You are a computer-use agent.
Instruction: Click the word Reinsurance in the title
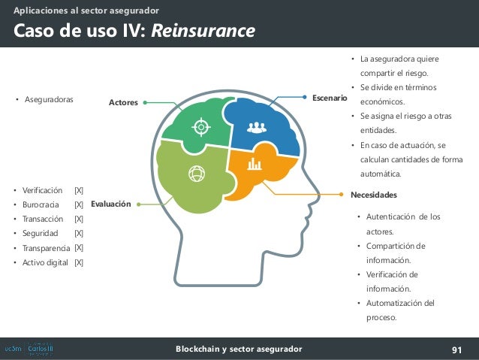click(203, 31)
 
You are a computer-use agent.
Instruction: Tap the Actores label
click(124, 102)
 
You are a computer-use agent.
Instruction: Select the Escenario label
click(330, 98)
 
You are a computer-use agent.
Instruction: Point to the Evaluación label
click(111, 204)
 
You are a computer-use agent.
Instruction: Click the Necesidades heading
click(374, 194)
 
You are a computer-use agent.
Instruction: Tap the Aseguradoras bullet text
click(49, 99)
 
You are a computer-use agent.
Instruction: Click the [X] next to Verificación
click(79, 190)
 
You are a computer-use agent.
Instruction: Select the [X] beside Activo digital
click(79, 262)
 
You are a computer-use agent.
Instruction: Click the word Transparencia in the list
click(47, 248)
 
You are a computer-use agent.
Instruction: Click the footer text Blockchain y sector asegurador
click(239, 349)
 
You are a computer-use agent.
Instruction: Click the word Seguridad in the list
click(41, 234)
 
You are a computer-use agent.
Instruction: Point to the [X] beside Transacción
click(79, 219)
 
